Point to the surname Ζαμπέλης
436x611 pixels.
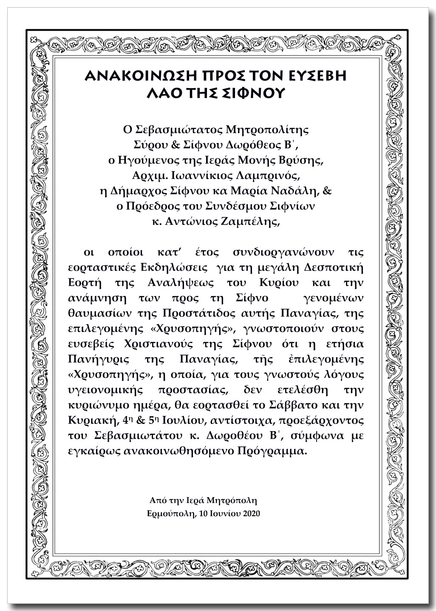pos(248,222)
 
